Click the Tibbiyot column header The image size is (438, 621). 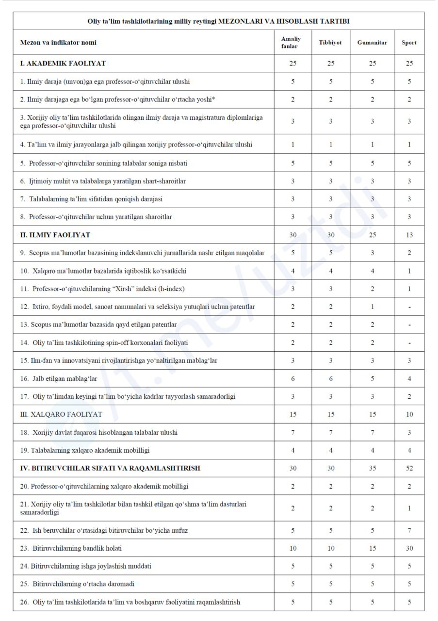(330, 42)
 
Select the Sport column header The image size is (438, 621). (409, 42)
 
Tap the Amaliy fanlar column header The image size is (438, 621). (291, 42)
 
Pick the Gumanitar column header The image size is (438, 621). (372, 42)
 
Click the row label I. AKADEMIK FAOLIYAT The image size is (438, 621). (63, 63)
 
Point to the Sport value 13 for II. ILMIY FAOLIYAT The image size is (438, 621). (409, 235)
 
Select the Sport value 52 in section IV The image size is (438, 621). (409, 468)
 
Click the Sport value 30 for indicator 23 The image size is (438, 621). (409, 548)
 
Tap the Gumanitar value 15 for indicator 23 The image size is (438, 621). (372, 548)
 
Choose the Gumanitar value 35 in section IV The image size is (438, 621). (372, 468)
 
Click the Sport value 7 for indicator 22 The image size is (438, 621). (409, 530)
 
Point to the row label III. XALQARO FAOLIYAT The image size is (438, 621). (61, 414)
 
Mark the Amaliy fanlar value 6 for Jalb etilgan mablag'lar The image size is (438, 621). (292, 378)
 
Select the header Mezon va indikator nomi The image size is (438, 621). (58, 42)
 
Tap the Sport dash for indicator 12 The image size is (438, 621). (409, 307)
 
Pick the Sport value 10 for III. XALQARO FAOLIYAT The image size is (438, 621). (409, 414)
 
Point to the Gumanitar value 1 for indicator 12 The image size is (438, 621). (372, 307)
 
